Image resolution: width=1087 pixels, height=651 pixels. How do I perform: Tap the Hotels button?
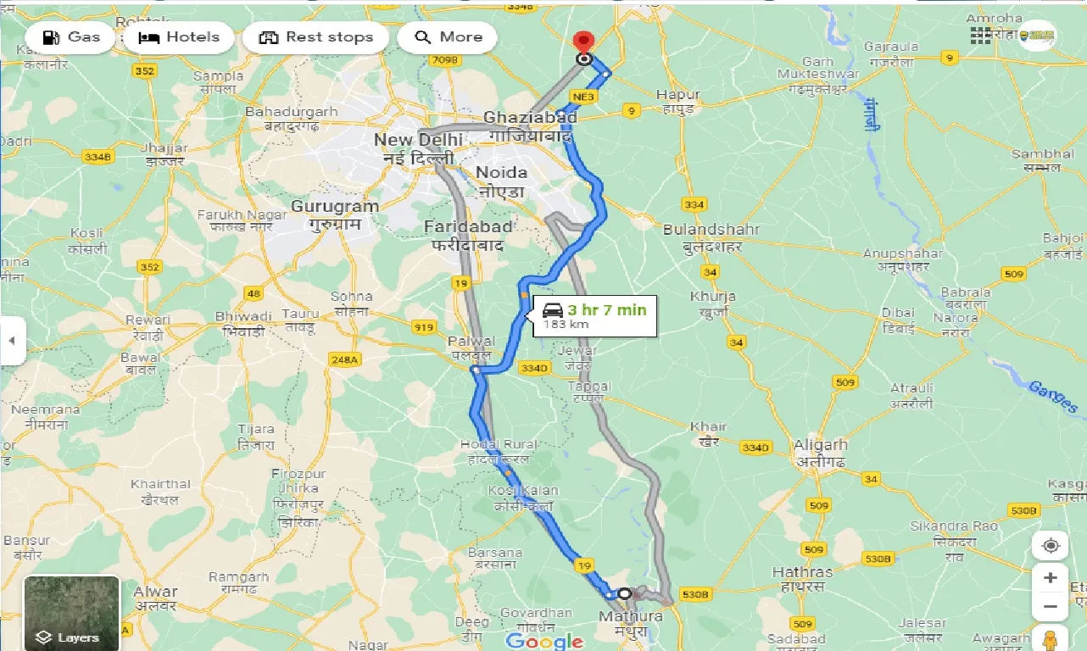pos(179,37)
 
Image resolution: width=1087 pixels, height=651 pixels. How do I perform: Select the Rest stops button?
pos(315,37)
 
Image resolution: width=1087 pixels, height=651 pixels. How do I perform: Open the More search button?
pos(449,37)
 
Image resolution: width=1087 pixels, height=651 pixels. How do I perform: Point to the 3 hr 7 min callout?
pos(594,316)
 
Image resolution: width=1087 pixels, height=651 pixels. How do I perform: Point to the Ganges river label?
pos(1052,397)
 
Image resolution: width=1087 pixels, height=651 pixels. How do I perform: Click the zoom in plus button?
pos(1051,578)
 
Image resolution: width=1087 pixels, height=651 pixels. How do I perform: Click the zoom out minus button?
pos(1051,607)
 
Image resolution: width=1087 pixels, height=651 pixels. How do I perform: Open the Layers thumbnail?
pos(72,613)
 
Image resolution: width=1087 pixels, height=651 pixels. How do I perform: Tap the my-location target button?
pos(1051,545)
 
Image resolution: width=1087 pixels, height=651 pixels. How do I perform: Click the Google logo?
pos(545,640)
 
